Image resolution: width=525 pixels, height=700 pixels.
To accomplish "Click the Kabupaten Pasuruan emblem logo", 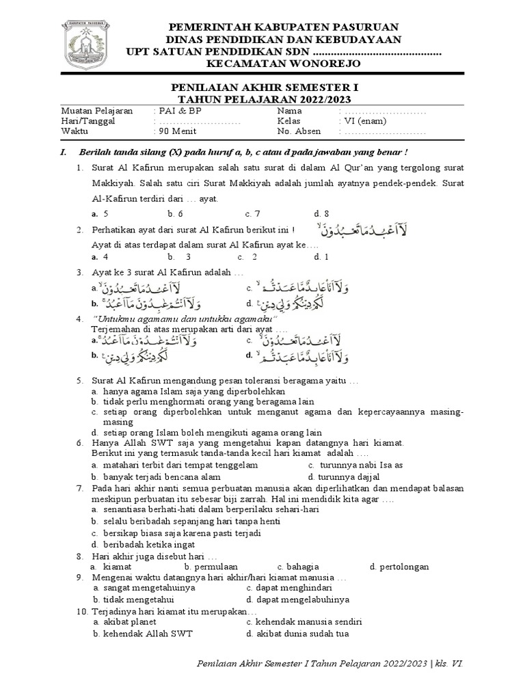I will tap(87, 44).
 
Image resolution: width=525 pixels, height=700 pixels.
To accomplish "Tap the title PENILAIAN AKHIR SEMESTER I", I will tap(263, 88).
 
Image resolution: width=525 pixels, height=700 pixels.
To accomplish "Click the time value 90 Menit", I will tap(178, 132).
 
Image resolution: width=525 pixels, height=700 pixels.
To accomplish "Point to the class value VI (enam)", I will tap(370, 121).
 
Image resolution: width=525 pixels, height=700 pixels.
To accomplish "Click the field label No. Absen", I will tap(295, 132).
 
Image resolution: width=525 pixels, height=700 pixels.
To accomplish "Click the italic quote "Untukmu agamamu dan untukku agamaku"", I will tap(184, 320).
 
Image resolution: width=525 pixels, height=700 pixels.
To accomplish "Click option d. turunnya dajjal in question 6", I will tap(343, 476).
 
